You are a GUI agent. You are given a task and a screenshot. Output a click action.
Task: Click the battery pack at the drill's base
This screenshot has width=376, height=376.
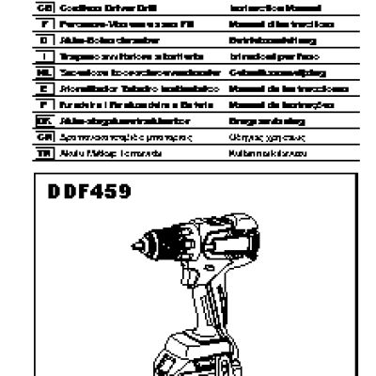click(x=202, y=357)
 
